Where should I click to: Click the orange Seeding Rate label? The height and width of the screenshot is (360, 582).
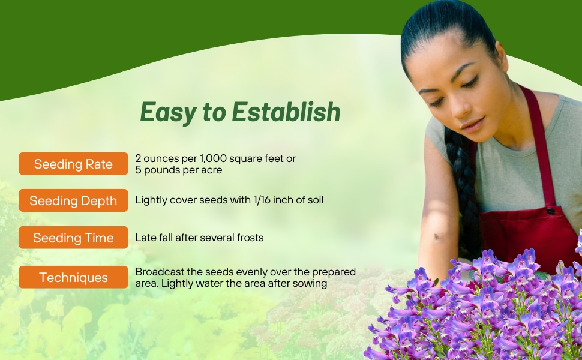(73, 164)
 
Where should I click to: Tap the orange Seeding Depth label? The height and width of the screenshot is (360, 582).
(73, 200)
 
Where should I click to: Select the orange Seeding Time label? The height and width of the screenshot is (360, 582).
(73, 238)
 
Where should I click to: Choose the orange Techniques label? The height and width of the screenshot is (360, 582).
(73, 277)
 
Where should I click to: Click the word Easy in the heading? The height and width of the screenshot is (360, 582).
(169, 112)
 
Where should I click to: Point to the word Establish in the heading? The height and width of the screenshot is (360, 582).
(286, 112)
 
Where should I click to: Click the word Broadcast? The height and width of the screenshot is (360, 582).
(160, 272)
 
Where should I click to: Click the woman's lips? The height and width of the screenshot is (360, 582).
(473, 124)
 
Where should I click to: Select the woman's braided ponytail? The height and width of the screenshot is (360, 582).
(461, 185)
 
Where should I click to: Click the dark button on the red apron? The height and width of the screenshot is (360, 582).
(550, 212)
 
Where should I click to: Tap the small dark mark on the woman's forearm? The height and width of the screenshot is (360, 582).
(437, 236)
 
